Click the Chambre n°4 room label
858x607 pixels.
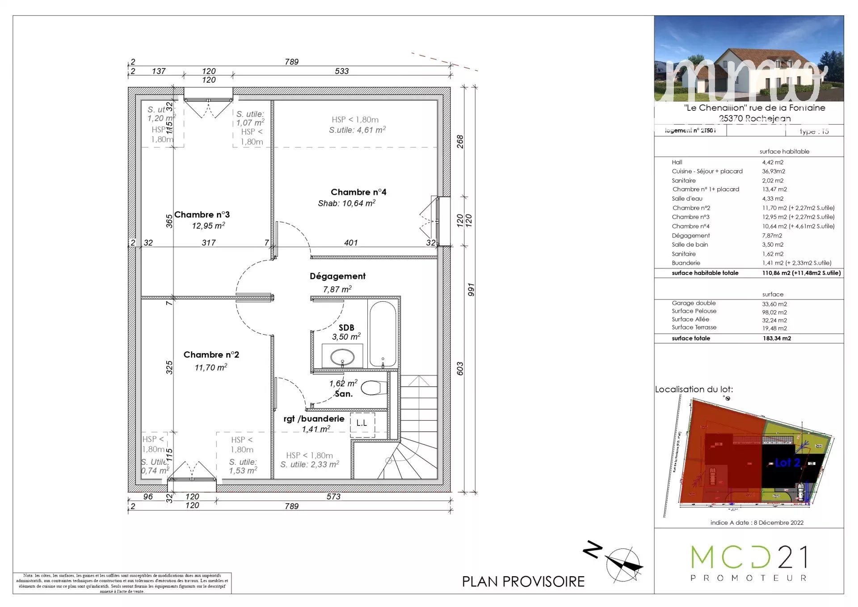click(x=358, y=192)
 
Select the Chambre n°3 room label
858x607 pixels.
click(x=202, y=215)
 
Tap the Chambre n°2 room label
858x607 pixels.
click(x=211, y=355)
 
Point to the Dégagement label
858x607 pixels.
click(x=337, y=276)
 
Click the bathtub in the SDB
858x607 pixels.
click(x=383, y=333)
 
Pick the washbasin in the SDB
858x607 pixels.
click(x=342, y=357)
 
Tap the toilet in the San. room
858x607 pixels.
click(x=374, y=388)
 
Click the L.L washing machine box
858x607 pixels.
click(x=362, y=423)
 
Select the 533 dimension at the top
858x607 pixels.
click(x=342, y=71)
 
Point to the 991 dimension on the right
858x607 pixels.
click(x=471, y=290)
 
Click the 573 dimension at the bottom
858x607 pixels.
click(x=333, y=497)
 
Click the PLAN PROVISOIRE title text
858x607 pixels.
click(x=523, y=582)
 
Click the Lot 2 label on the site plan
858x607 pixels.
click(x=787, y=463)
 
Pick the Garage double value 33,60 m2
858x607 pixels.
click(x=774, y=304)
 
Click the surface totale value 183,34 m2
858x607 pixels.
click(x=777, y=338)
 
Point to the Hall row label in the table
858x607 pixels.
click(x=677, y=162)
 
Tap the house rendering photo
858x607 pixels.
click(x=749, y=59)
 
